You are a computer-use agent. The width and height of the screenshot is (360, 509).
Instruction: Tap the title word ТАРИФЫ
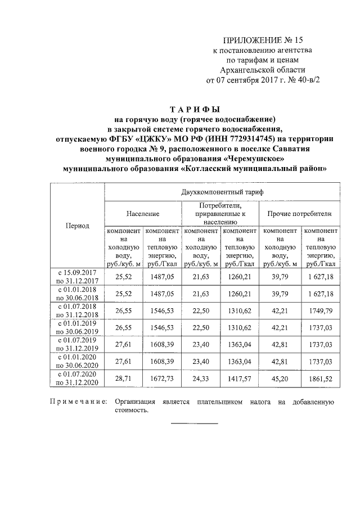194,109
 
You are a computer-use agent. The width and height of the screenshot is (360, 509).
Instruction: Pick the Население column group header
143,214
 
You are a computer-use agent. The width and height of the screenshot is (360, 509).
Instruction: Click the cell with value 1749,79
319,312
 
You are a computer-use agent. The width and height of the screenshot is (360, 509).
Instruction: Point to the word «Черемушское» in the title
253,159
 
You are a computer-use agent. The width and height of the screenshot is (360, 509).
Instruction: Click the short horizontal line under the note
193,423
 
